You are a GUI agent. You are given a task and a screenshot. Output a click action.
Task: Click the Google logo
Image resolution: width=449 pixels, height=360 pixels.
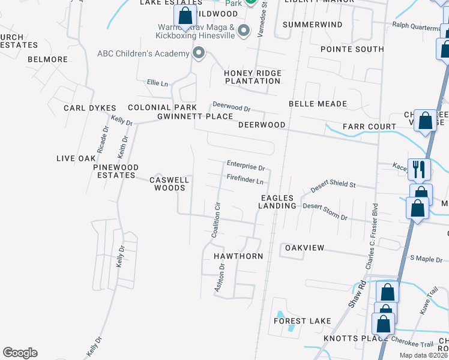[20, 353]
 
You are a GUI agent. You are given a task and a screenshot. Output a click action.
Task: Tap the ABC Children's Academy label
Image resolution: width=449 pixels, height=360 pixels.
[143, 54]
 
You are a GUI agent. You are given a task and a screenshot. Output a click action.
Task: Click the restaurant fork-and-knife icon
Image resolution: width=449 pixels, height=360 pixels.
[419, 169]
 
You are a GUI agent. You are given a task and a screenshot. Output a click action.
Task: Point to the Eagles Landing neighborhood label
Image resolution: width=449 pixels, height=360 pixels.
[278, 202]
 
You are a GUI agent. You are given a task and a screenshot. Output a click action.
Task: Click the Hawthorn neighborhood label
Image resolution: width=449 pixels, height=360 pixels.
[239, 256]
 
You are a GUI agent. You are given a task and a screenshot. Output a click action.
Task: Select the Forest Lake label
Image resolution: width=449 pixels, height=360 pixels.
[303, 321]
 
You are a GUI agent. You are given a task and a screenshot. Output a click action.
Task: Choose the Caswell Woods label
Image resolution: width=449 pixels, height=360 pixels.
[170, 184]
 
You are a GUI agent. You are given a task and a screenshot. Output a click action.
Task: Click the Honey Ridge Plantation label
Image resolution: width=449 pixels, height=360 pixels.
[252, 77]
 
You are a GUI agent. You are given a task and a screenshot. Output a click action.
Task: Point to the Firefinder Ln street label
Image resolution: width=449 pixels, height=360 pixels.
[246, 180]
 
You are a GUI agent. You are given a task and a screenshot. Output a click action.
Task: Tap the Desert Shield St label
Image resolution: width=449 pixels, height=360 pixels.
[333, 187]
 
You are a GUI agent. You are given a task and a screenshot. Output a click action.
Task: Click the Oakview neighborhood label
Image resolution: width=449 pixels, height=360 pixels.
[304, 248]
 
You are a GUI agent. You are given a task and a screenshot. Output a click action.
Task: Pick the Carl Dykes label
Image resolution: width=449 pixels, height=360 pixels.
[89, 108]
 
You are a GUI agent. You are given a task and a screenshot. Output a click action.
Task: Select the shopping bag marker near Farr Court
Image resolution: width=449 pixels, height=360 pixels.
[425, 122]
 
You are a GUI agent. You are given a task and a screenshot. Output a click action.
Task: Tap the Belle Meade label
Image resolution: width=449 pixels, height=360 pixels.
[318, 104]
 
